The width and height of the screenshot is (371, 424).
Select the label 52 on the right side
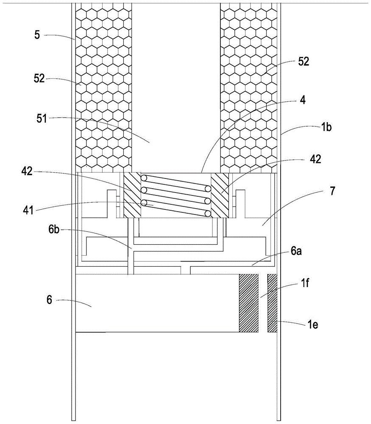304,61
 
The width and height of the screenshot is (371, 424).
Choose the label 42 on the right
315,160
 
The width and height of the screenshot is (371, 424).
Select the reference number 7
332,191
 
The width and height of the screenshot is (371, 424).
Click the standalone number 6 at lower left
49,300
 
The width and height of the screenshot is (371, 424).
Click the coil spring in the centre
176,195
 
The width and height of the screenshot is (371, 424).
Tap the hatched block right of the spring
220,195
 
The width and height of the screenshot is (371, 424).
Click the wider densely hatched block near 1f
249,303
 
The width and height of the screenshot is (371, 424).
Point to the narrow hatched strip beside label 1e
272,303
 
